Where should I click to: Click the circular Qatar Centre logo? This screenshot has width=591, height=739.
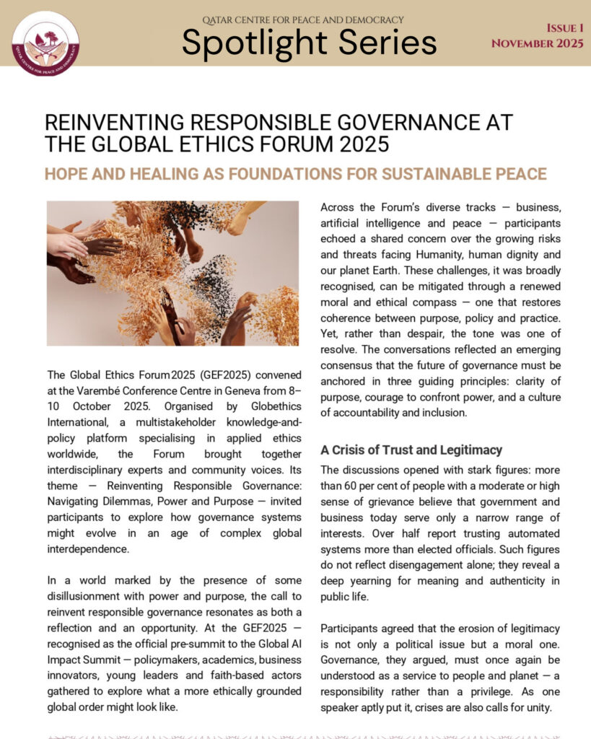click(46, 44)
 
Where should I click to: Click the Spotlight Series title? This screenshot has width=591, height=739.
click(309, 42)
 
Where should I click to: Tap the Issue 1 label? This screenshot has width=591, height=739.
click(565, 28)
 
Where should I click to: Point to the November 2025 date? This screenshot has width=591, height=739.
click(538, 43)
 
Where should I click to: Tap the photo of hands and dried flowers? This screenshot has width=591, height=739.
click(172, 273)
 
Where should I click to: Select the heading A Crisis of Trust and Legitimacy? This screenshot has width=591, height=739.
click(411, 450)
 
